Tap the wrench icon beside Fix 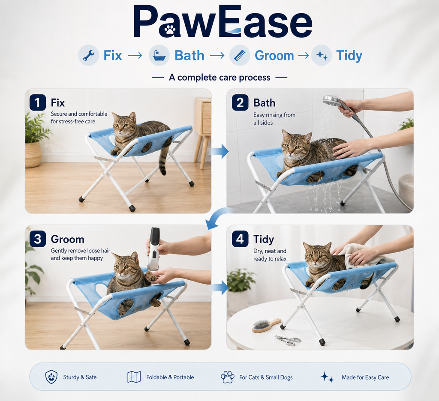tap(88, 55)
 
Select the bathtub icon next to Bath tap(159, 55)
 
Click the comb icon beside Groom tap(240, 55)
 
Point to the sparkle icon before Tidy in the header tap(322, 55)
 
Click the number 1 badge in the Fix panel tap(38, 103)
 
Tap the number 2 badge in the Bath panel tap(240, 103)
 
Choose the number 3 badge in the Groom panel tap(38, 239)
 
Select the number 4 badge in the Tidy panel tap(240, 239)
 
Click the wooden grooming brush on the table tap(266, 325)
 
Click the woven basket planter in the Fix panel tap(33, 154)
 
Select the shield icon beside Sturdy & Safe tap(51, 377)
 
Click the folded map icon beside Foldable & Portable tap(134, 377)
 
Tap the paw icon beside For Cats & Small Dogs tap(227, 377)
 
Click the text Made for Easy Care tap(365, 377)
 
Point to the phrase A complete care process tap(219, 78)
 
